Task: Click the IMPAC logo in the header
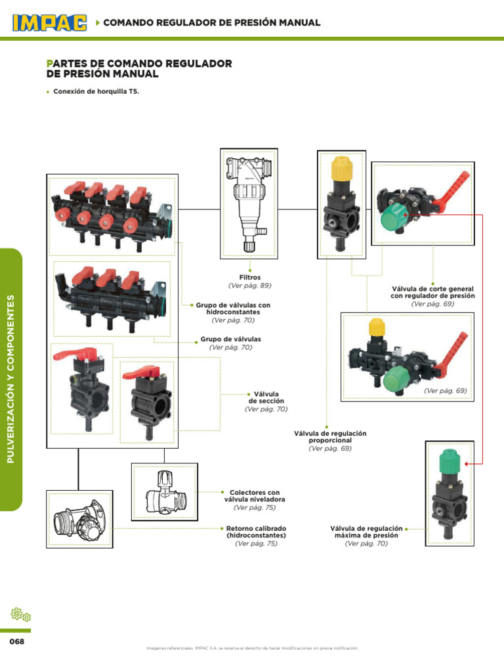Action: (x=50, y=23)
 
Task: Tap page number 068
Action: (x=16, y=641)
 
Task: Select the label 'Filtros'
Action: (x=249, y=278)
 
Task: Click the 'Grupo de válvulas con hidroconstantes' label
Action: (x=233, y=308)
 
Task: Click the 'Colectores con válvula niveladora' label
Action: (x=254, y=495)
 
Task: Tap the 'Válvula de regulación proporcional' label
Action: (x=330, y=437)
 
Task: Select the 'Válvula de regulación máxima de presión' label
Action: (x=366, y=532)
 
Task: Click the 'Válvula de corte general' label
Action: (x=432, y=292)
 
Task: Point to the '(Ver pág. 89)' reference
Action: (x=249, y=285)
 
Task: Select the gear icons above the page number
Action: (x=21, y=615)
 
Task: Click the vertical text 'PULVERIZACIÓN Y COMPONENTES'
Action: (x=10, y=379)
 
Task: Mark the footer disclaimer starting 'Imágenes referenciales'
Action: (x=252, y=648)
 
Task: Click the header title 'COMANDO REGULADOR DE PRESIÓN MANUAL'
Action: (x=212, y=23)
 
